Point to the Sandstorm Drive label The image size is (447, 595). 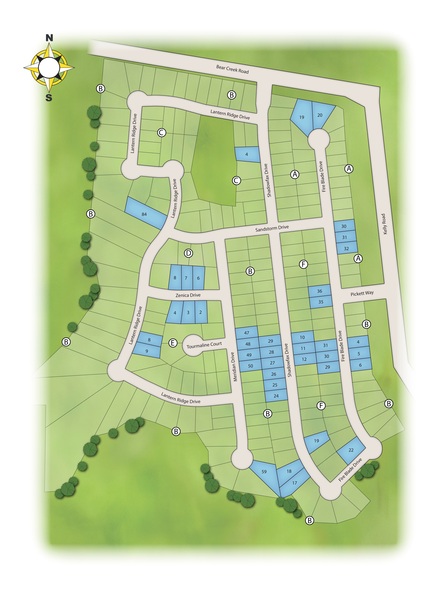(x=272, y=228)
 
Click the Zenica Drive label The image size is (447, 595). (x=188, y=295)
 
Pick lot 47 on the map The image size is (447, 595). (x=247, y=333)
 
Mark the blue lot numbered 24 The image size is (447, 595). (x=276, y=396)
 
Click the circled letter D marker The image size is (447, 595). (x=188, y=253)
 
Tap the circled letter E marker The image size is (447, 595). (x=173, y=343)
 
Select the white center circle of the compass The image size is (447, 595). (x=49, y=68)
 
